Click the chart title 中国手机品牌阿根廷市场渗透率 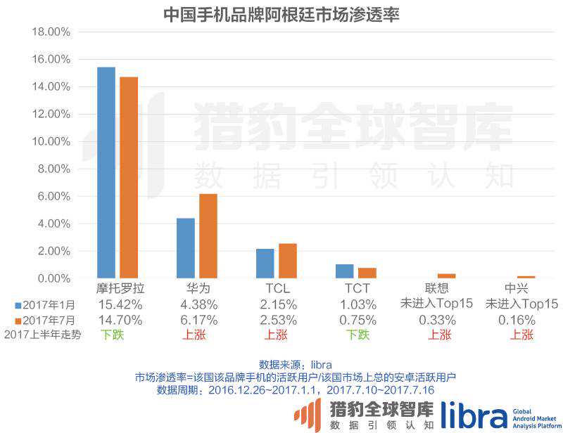pyautogui.click(x=281, y=13)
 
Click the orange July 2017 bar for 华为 pyautogui.click(x=208, y=236)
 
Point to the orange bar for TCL pyautogui.click(x=288, y=261)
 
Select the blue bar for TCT pyautogui.click(x=345, y=271)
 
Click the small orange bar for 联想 pyautogui.click(x=447, y=276)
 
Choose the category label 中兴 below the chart pyautogui.click(x=517, y=289)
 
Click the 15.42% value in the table pyautogui.click(x=121, y=304)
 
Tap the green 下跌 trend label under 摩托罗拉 pyautogui.click(x=112, y=335)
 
